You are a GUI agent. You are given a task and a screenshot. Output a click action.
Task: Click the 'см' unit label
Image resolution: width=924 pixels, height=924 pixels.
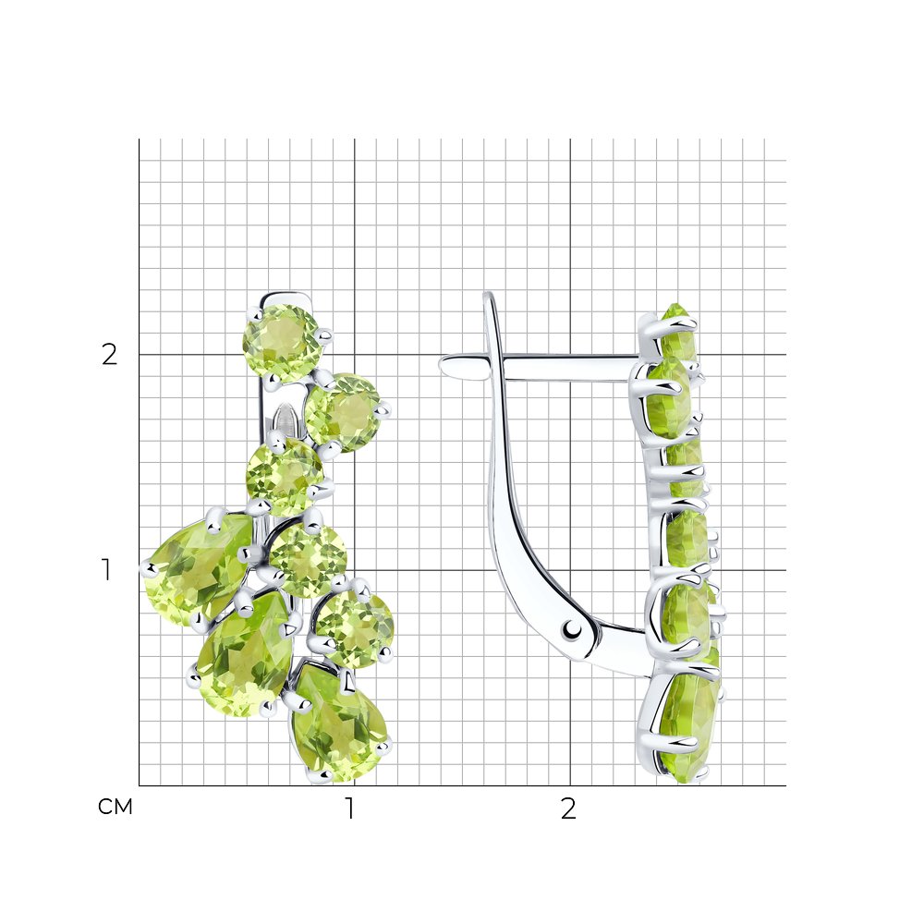(x=115, y=807)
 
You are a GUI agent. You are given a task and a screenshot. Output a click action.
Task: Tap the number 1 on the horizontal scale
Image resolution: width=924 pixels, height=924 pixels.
(x=350, y=808)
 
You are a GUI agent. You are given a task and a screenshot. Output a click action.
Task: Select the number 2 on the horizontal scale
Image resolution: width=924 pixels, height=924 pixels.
(x=568, y=808)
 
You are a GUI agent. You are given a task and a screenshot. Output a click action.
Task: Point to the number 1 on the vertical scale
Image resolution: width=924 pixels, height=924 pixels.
(x=106, y=569)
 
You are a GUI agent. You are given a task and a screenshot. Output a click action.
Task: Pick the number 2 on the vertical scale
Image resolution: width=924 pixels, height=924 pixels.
(x=110, y=354)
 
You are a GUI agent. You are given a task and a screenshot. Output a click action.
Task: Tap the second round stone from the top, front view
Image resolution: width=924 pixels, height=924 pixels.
(x=343, y=412)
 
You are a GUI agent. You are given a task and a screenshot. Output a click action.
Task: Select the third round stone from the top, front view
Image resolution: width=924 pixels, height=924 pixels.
(x=285, y=477)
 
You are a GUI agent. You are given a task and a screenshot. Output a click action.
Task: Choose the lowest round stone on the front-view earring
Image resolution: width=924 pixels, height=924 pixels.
(x=354, y=628)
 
